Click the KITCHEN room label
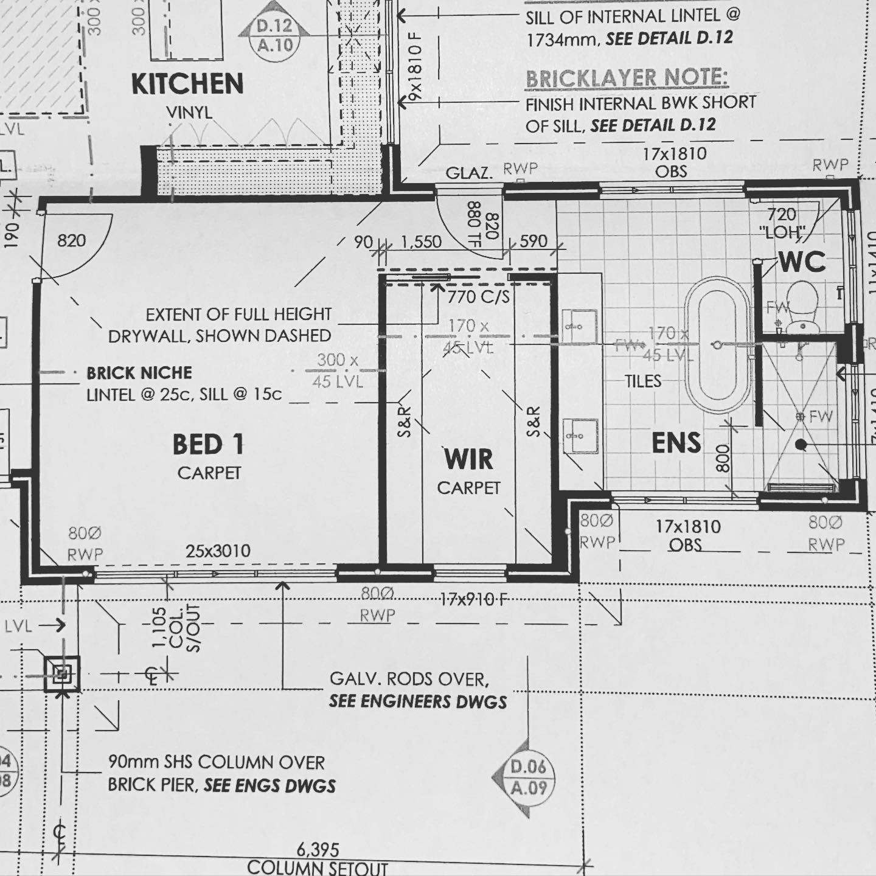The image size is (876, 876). point(187,84)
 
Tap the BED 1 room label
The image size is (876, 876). point(208,445)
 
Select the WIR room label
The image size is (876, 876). point(468,459)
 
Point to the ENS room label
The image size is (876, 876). point(676,443)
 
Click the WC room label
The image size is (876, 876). point(802,262)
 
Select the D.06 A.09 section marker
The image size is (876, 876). point(528,777)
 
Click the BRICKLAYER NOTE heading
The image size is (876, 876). point(626,78)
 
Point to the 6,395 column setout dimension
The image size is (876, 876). point(318,849)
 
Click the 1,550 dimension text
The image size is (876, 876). point(421,242)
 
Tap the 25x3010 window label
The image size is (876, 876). point(218,551)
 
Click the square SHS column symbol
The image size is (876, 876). point(62,673)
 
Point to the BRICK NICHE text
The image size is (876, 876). point(139,373)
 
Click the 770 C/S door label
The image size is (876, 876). point(478,297)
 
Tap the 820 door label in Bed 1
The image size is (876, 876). point(72,241)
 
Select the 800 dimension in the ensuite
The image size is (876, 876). point(723,458)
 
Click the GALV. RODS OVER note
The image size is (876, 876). point(409,678)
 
